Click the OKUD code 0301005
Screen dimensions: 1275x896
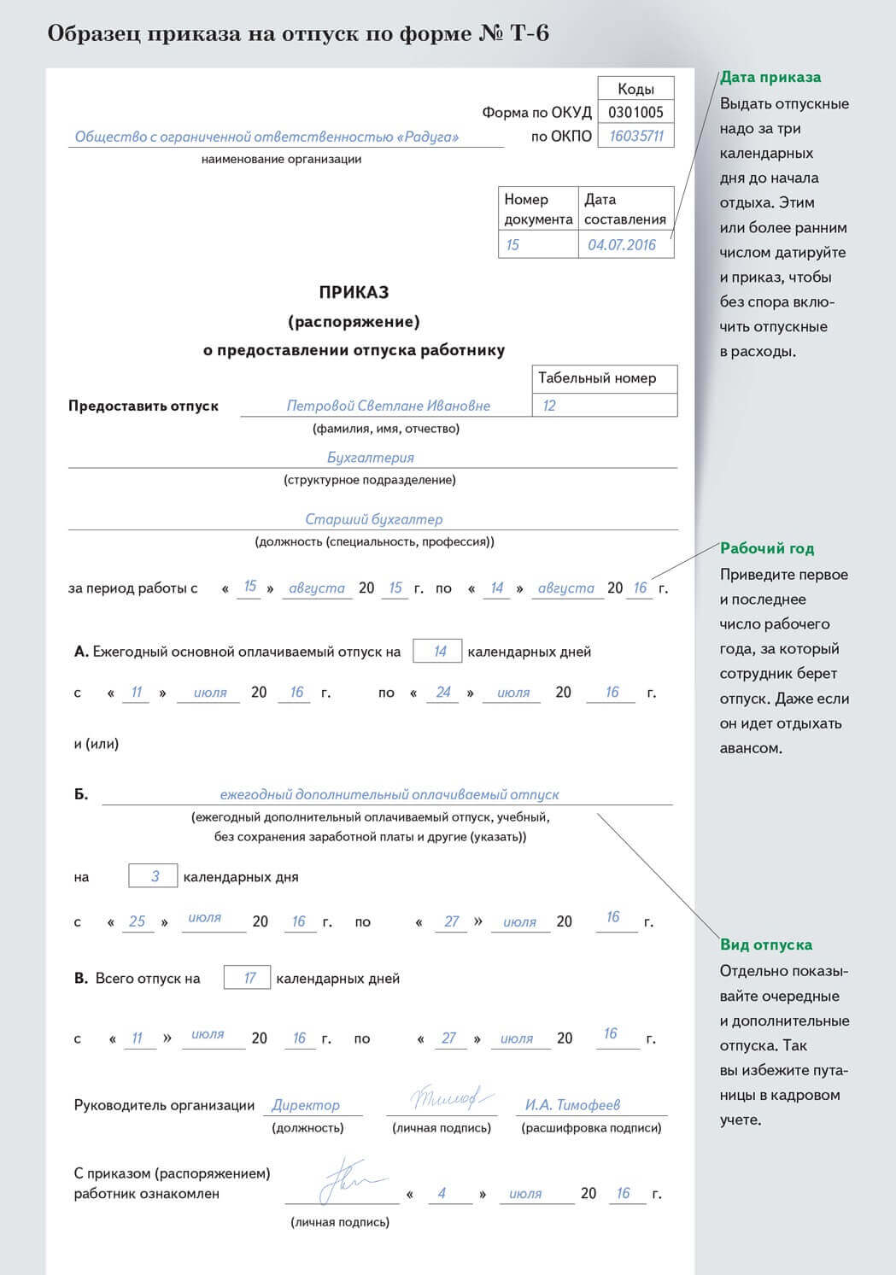[635, 112]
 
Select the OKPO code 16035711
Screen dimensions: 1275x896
[636, 136]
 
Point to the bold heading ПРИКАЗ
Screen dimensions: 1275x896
[354, 292]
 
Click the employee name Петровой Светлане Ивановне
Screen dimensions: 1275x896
[388, 406]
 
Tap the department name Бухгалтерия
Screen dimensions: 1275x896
[370, 458]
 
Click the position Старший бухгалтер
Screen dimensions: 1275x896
[373, 519]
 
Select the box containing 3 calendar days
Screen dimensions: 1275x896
[155, 876]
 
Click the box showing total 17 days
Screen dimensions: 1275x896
[249, 978]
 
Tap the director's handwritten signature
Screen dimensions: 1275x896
[442, 1098]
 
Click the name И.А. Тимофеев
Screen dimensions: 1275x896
[572, 1105]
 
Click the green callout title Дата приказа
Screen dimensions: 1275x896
[770, 78]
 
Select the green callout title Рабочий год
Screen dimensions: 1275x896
[766, 548]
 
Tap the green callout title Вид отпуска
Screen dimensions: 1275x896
[765, 945]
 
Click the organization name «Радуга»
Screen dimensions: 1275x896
[266, 137]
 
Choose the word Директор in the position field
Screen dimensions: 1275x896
[305, 1105]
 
